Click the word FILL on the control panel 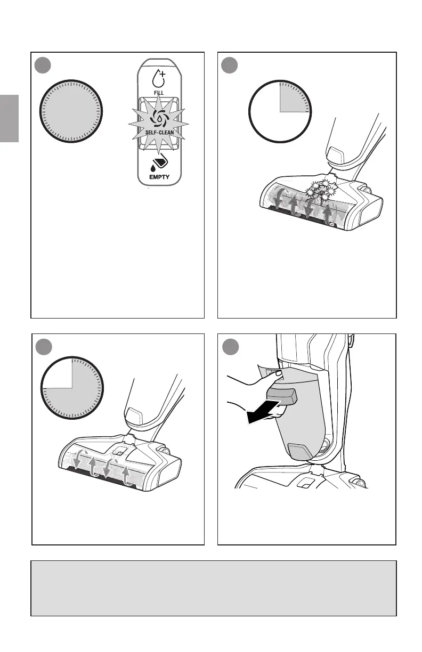(x=158, y=92)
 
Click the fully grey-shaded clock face (x=70, y=111)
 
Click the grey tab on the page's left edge (x=9, y=119)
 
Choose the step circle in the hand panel (x=231, y=348)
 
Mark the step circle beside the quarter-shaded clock (x=231, y=66)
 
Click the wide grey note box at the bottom (x=213, y=588)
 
